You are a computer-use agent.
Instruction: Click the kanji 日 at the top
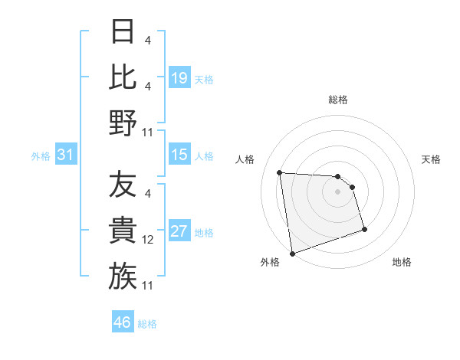click(x=123, y=32)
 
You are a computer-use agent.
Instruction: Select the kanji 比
click(x=123, y=77)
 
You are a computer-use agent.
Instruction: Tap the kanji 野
click(x=123, y=122)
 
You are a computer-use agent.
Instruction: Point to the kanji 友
click(x=123, y=185)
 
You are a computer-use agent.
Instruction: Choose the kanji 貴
click(x=123, y=231)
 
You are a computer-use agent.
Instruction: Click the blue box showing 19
click(x=179, y=77)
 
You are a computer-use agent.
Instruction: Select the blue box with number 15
click(x=179, y=155)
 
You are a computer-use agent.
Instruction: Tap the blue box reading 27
click(x=179, y=231)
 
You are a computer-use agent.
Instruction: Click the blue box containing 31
click(x=66, y=155)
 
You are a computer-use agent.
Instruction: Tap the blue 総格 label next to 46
click(x=148, y=324)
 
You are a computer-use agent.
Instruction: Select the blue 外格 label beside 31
click(x=41, y=156)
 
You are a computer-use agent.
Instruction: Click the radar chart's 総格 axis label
click(x=338, y=100)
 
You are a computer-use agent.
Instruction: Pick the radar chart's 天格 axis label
click(x=432, y=159)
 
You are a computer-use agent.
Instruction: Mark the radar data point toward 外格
click(x=292, y=253)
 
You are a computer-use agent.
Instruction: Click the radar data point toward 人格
click(x=280, y=172)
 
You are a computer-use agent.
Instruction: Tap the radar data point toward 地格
click(x=364, y=229)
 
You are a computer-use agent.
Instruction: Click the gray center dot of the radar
click(x=338, y=192)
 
